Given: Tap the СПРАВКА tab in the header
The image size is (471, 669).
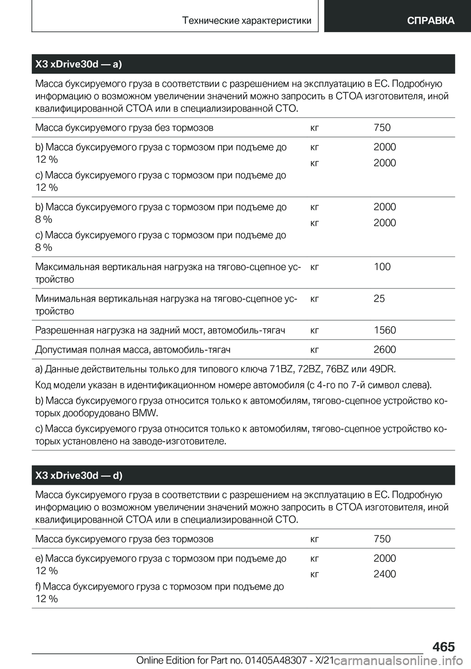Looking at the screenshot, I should pyautogui.click(x=430, y=21).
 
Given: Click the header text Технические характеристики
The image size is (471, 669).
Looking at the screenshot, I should pyautogui.click(x=246, y=21).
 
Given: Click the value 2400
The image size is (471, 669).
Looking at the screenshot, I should pyautogui.click(x=385, y=574).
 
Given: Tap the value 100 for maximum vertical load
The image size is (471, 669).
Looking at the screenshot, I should pyautogui.click(x=382, y=267).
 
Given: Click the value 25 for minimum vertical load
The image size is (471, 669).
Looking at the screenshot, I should pyautogui.click(x=379, y=299).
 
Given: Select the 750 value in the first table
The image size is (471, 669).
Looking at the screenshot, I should pyautogui.click(x=382, y=128).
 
